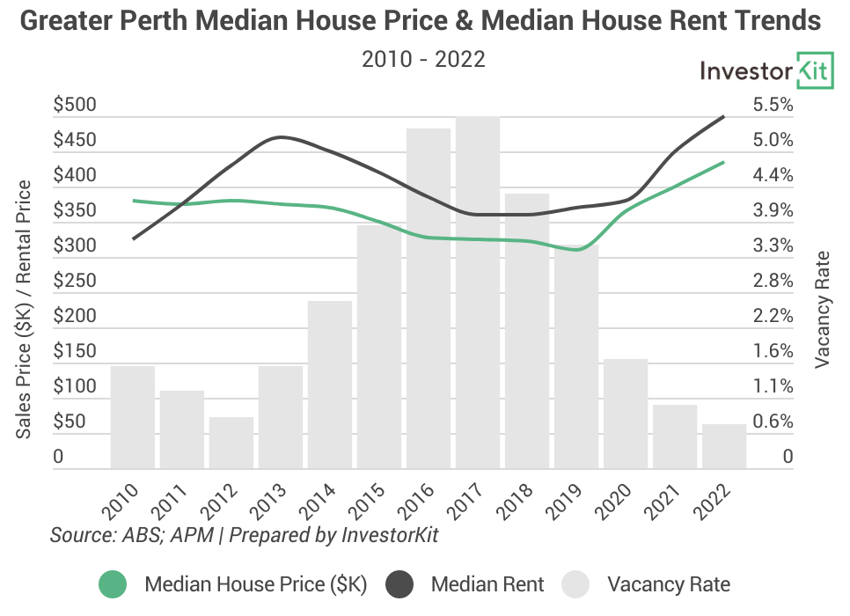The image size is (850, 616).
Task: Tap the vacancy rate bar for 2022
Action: coord(724,446)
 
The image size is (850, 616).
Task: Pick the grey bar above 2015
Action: coord(379,347)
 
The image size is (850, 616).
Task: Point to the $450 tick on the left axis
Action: coord(76,141)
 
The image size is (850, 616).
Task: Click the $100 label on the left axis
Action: coord(76,387)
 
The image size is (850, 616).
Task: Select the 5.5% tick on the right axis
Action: coord(773,106)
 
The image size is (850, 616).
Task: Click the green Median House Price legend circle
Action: coord(113,584)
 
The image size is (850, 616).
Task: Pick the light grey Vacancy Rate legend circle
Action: coord(576,584)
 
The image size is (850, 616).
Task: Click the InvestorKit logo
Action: coord(766,71)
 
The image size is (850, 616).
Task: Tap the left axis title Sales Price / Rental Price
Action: coord(24,310)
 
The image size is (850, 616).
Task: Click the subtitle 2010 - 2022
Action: coord(423,60)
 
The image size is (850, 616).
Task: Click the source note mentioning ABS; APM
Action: coord(244,535)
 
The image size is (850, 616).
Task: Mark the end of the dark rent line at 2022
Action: coord(723,116)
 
